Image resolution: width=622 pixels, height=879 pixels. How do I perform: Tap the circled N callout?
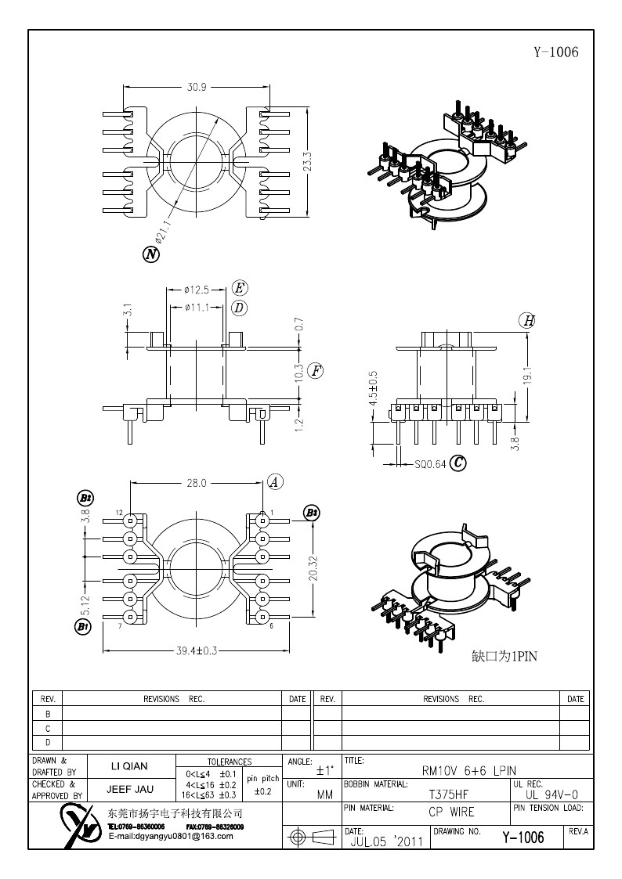(x=150, y=254)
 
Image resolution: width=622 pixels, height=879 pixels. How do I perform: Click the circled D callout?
(x=239, y=308)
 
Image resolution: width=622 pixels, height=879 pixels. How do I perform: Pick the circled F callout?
(x=315, y=371)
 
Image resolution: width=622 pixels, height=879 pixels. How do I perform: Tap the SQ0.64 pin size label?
(x=430, y=463)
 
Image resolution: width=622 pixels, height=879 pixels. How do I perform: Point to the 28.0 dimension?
(x=196, y=483)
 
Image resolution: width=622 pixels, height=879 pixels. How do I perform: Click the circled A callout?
(x=274, y=482)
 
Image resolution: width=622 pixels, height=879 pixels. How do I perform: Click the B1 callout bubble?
(x=83, y=626)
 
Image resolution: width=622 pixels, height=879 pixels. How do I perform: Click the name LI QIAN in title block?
(x=127, y=766)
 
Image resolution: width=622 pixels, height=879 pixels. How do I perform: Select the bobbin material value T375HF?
(x=449, y=793)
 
